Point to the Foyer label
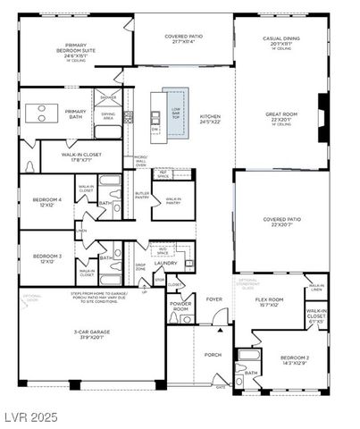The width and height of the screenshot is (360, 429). tap(214, 299)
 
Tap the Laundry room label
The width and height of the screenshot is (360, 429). tap(166, 263)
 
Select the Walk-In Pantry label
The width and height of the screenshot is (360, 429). tap(174, 201)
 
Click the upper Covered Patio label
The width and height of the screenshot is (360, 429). tap(185, 38)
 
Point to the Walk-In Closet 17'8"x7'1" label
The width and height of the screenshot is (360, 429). tap(76, 157)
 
